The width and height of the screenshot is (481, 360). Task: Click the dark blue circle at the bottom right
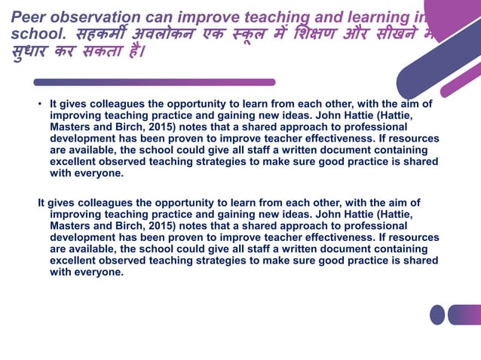437,314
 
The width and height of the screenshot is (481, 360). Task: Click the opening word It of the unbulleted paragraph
42,203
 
